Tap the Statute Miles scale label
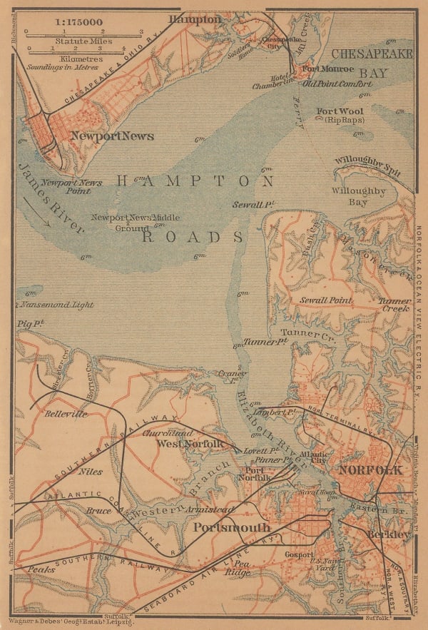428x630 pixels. click(82, 41)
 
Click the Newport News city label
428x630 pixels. click(112, 136)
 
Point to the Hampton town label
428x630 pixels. click(195, 19)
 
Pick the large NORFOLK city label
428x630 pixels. click(370, 470)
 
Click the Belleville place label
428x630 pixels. click(66, 414)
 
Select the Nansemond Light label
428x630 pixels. click(57, 305)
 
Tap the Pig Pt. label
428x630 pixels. click(31, 324)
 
